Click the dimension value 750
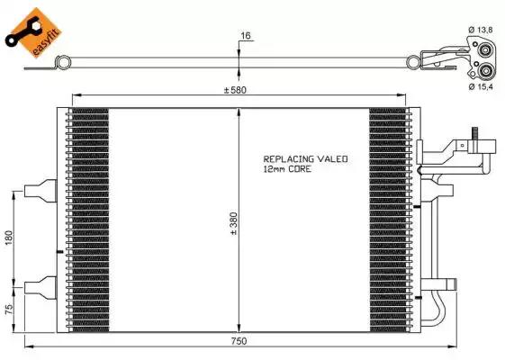point(239,340)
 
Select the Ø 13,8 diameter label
point(481,30)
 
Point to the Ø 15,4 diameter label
point(481,87)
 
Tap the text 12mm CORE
point(287,168)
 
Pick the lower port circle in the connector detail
point(486,70)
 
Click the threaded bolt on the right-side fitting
point(472,141)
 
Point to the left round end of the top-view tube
point(62,61)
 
